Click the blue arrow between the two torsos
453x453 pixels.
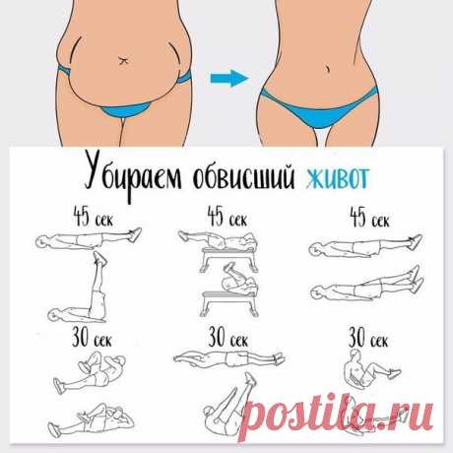tap(229, 78)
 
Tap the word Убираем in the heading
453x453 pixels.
tap(133, 176)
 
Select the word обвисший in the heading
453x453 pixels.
tap(243, 176)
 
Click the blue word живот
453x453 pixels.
tap(338, 177)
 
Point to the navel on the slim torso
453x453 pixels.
tap(328, 69)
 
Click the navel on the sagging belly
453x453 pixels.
tap(123, 60)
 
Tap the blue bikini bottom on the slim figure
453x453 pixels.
tap(318, 109)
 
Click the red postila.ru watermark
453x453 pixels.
tap(336, 416)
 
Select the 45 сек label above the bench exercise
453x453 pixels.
tap(227, 217)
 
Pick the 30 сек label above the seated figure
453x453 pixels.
tap(368, 338)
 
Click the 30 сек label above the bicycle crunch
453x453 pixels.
tap(93, 337)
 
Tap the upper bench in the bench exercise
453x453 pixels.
tap(228, 259)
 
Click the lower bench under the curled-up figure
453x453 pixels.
tap(228, 303)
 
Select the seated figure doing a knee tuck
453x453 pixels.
tap(371, 369)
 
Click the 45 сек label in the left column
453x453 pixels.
tap(94, 217)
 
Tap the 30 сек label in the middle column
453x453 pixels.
tap(228, 338)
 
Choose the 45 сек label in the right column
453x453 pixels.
tap(370, 218)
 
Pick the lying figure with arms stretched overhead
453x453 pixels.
tap(229, 358)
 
